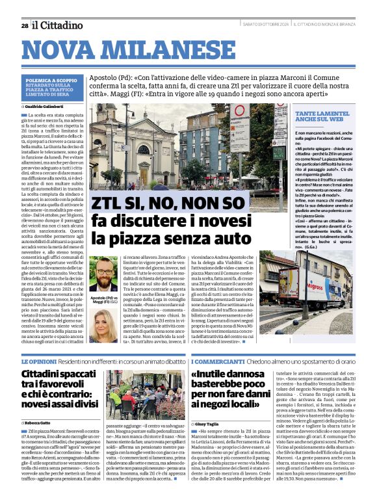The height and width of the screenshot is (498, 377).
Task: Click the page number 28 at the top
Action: point(24,25)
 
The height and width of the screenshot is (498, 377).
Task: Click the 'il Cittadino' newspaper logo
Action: point(58,25)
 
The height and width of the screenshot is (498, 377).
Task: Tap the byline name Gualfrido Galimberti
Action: point(49,105)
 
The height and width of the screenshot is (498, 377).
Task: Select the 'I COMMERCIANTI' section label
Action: point(218,360)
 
